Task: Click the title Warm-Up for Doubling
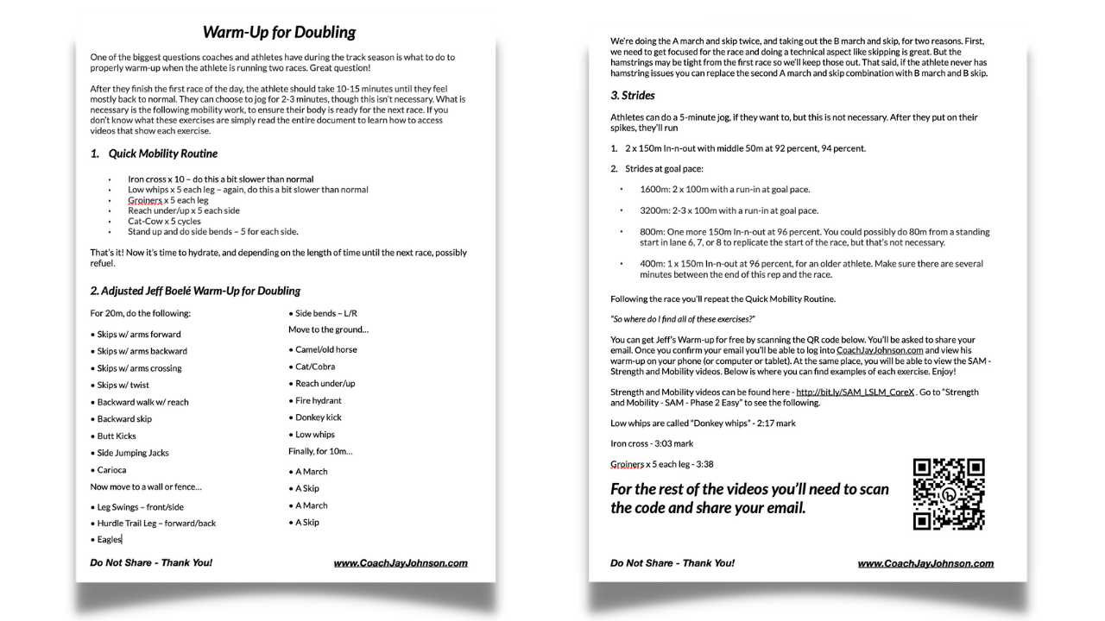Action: point(279,33)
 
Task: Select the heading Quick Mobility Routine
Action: point(162,154)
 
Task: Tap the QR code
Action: point(949,494)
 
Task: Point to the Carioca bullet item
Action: point(111,470)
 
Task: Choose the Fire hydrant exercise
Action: point(319,401)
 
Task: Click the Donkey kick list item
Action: point(319,417)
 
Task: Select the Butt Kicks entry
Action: point(117,436)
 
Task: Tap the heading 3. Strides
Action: point(633,96)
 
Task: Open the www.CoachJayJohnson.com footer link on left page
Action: point(401,563)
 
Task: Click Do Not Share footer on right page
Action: point(672,563)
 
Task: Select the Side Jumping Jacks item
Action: point(132,453)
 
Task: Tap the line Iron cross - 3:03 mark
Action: point(652,443)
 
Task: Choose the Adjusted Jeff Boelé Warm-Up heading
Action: point(195,291)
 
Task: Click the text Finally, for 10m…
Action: point(320,451)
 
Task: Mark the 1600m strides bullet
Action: point(724,189)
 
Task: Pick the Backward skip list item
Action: point(124,419)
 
